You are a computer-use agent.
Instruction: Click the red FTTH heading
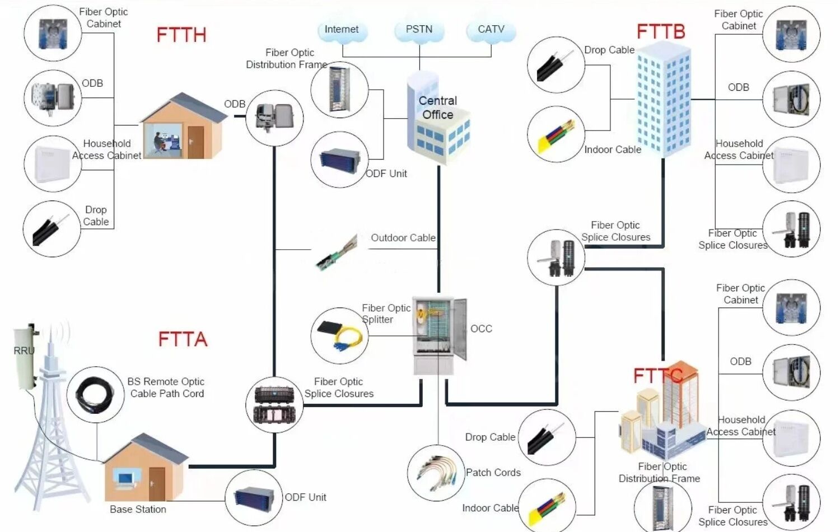pos(181,35)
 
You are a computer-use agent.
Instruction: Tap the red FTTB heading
pos(661,31)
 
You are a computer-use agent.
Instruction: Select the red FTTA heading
pos(183,339)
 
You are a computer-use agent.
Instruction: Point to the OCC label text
pos(481,329)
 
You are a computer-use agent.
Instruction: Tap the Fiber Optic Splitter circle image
pos(339,335)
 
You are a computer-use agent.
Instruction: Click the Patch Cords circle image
pos(436,473)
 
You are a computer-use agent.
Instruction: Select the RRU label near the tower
pos(24,351)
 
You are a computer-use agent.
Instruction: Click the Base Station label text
pos(138,510)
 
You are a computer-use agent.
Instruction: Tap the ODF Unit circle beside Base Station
pos(254,497)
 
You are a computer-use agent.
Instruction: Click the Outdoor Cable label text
pos(403,238)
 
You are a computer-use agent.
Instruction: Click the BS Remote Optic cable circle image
pos(96,395)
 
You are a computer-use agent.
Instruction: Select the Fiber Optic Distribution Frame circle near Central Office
pos(339,90)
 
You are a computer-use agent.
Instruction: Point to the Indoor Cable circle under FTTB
pos(556,135)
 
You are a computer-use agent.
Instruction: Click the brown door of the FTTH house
pos(196,142)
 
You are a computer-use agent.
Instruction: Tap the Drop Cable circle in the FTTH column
pos(52,229)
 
